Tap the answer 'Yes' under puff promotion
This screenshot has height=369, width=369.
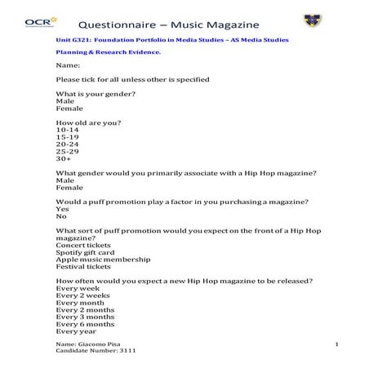pos(62,209)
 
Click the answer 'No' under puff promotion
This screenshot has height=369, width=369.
pos(61,216)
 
